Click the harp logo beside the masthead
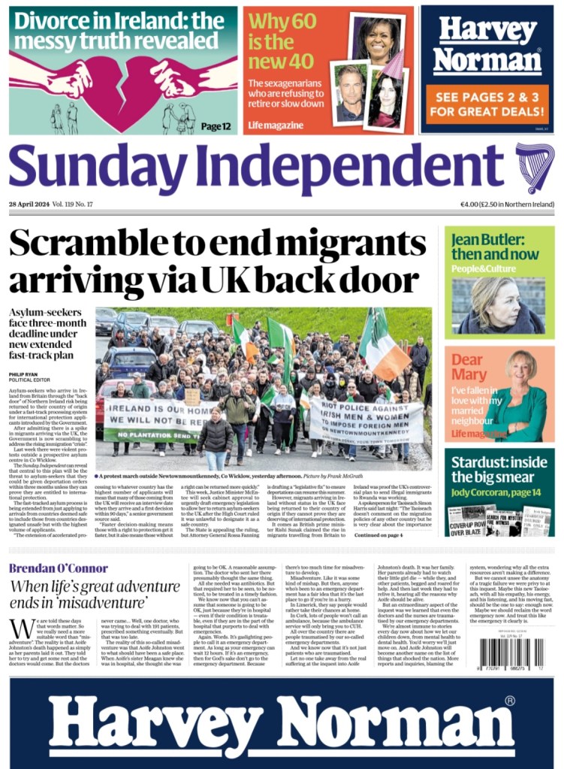(534, 168)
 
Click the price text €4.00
(473, 204)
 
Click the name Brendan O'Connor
(59, 568)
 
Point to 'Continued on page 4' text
(379, 534)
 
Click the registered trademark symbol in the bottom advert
(510, 701)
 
